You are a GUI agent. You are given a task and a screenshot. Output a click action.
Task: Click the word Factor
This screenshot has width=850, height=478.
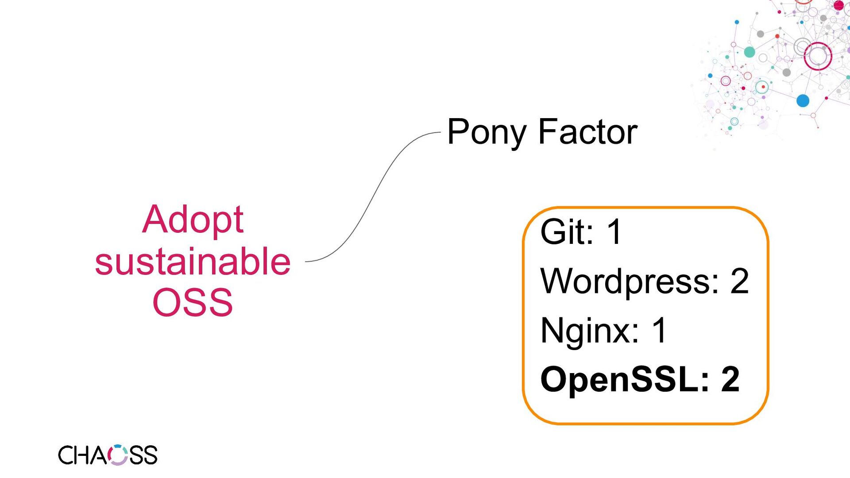pyautogui.click(x=587, y=132)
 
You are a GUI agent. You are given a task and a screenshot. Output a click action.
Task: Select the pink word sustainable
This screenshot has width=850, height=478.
pyautogui.click(x=193, y=261)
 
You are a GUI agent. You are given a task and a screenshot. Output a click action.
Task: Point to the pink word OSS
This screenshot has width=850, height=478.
pyautogui.click(x=193, y=302)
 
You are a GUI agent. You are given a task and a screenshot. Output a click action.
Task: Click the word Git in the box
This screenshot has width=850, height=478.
pyautogui.click(x=566, y=231)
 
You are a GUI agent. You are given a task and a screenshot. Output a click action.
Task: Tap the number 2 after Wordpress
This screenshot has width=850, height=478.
pyautogui.click(x=739, y=281)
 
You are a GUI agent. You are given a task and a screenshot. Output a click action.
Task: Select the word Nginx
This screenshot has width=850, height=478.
pyautogui.click(x=589, y=330)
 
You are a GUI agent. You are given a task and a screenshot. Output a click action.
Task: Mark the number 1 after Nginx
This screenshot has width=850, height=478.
pyautogui.click(x=659, y=330)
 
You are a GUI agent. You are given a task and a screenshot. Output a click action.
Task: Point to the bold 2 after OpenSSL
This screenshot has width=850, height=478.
pyautogui.click(x=730, y=379)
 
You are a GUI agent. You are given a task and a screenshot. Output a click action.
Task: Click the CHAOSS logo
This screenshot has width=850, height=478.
pyautogui.click(x=108, y=455)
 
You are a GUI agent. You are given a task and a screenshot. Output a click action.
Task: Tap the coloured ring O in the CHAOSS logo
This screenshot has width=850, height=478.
pyautogui.click(x=118, y=455)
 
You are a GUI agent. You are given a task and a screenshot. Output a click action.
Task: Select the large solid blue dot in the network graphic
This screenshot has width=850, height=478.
pyautogui.click(x=803, y=101)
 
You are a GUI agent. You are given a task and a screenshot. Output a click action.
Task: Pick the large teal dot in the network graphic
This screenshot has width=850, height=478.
pyautogui.click(x=750, y=52)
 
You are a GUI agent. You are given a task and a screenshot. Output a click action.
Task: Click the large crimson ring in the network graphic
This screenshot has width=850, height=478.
pyautogui.click(x=818, y=56)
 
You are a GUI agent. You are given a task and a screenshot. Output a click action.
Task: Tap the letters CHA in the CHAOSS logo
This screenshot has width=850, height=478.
pyautogui.click(x=82, y=455)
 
